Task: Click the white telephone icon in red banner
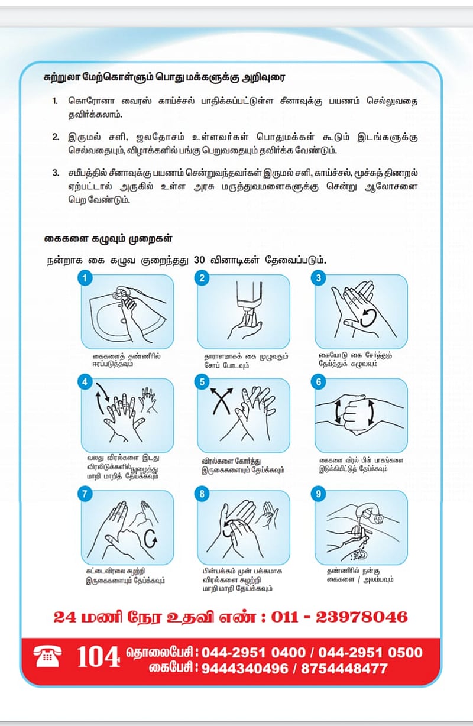click(48, 656)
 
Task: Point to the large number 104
click(99, 657)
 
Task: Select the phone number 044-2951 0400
click(253, 653)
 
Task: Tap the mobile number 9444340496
click(247, 669)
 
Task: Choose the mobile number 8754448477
click(344, 669)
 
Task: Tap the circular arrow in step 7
click(151, 537)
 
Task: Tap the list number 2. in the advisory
click(56, 137)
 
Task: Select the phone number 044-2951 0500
click(371, 653)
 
